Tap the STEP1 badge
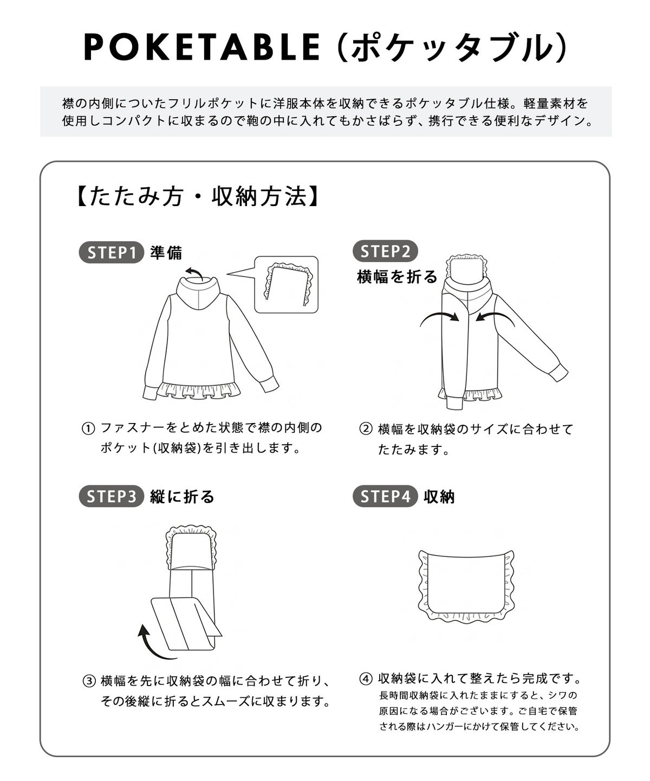pos(111,252)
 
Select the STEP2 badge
pos(385,251)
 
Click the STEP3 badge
pos(111,496)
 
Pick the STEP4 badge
pos(385,496)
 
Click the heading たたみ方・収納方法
pos(197,196)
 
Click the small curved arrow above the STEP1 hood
pos(193,273)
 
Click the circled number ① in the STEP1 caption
pos(88,428)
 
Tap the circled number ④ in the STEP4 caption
pos(366,678)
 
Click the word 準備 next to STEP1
pos(166,253)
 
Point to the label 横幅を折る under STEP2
pos(397,277)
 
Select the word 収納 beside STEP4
pos(439,496)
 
